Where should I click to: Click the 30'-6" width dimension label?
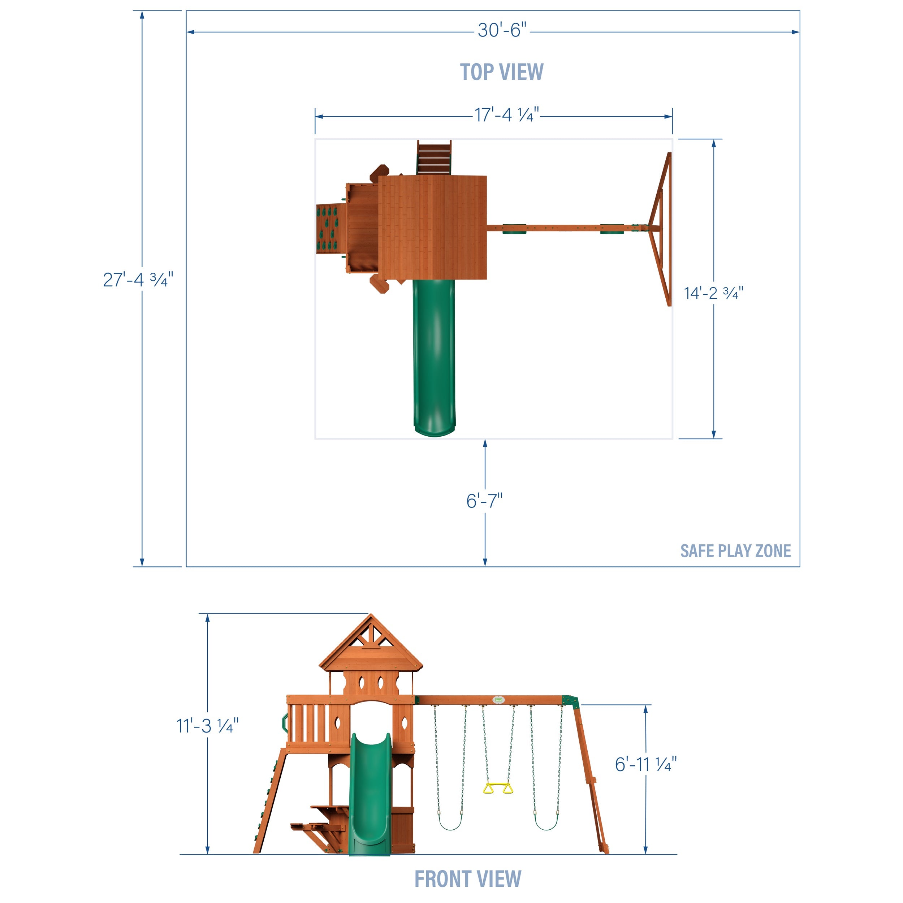coord(501,30)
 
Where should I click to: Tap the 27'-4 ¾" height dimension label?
coord(138,280)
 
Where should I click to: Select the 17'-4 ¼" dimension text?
coord(507,115)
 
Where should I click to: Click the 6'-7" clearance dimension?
coord(484,501)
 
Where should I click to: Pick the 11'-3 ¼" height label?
coord(207,726)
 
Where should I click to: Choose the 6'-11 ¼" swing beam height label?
coord(645,765)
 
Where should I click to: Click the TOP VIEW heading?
coord(501,72)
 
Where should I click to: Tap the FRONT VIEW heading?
coord(467,879)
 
